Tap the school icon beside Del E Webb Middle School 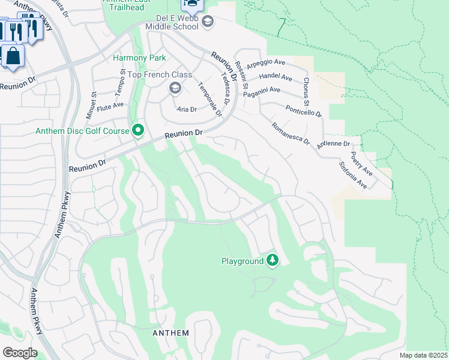pos(208,23)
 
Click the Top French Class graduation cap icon pos(175,89)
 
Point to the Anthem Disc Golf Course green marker pos(138,130)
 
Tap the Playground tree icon pos(273,261)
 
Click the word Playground pos(243,262)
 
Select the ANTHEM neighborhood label pos(170,333)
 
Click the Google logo pos(20,353)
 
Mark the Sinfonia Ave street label pos(352,175)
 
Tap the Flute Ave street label pos(110,105)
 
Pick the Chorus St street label pos(306,88)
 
